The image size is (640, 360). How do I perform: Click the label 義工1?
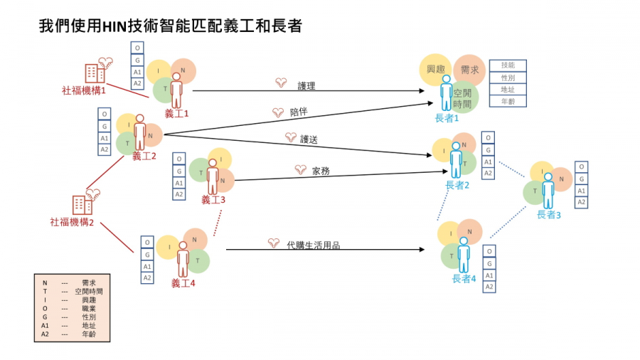[176, 113]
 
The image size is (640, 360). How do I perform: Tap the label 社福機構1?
[84, 90]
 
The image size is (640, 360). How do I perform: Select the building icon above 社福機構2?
[82, 204]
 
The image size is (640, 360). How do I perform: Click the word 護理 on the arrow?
[306, 85]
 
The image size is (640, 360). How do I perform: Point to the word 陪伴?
[299, 112]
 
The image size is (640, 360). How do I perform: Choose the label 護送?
[309, 139]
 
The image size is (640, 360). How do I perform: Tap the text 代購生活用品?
[313, 245]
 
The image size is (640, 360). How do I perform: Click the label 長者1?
[446, 118]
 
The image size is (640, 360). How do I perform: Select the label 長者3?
[548, 214]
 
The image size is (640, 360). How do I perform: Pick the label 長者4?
[464, 278]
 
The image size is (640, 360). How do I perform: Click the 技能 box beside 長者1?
[508, 65]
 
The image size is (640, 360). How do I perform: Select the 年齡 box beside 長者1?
[508, 102]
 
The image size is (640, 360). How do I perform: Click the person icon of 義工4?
[183, 260]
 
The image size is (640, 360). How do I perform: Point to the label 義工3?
[213, 200]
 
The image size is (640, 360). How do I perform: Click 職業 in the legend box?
[88, 308]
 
